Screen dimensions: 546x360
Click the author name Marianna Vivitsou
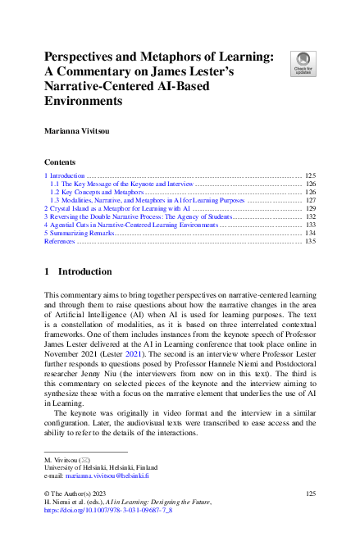(82, 129)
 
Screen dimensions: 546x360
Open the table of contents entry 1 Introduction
(65, 176)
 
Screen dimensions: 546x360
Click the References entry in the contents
(59, 242)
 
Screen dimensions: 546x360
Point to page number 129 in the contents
(310, 209)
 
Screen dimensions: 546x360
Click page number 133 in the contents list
(310, 225)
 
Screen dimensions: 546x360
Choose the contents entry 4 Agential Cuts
(130, 225)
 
